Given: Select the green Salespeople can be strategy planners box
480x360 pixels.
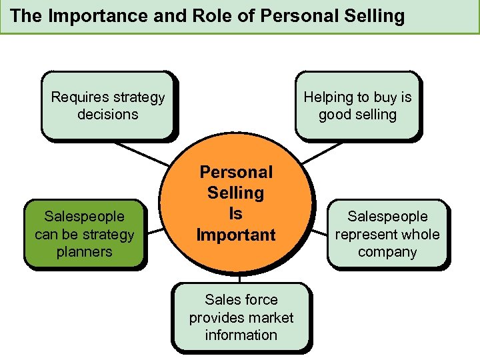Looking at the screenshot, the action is (84, 234).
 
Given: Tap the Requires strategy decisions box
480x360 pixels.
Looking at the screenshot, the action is (107, 105).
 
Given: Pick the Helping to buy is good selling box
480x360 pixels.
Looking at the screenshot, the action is (357, 105).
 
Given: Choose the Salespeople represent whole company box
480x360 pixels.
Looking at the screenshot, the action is (387, 234).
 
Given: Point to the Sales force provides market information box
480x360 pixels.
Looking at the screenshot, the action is (241, 317).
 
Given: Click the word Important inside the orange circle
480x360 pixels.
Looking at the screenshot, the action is (235, 235).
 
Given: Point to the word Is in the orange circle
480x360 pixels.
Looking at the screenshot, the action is (235, 214).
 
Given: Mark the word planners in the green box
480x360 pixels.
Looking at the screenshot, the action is (84, 252).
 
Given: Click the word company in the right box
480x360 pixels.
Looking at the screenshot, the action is (387, 252).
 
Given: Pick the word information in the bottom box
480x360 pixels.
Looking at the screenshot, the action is (241, 335).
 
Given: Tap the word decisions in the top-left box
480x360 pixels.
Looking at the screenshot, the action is (107, 114).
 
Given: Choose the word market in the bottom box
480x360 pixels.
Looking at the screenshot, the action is (270, 317).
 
